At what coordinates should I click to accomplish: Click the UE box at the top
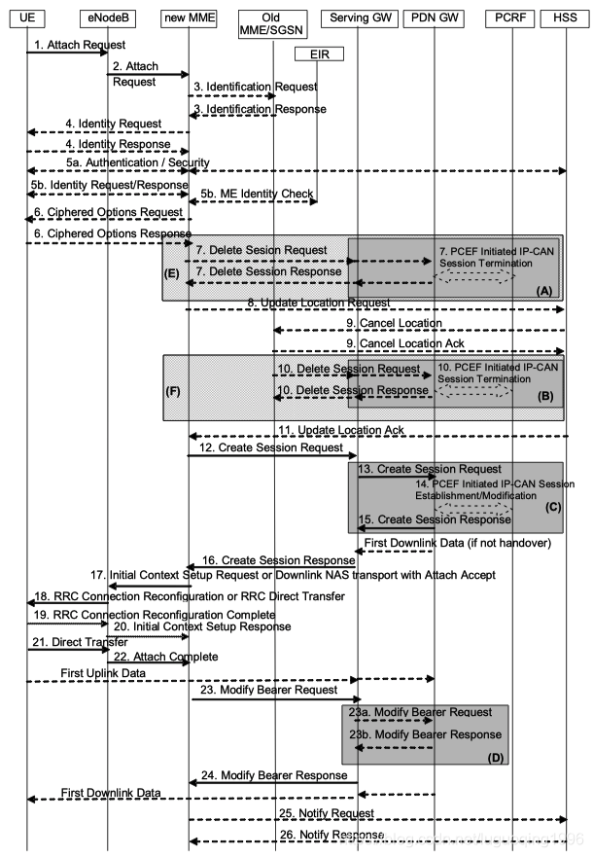26,18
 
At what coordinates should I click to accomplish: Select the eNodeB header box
107,18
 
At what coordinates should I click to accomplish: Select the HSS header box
567,18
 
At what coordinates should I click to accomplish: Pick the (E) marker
173,274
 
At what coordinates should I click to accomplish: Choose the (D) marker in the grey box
494,754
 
